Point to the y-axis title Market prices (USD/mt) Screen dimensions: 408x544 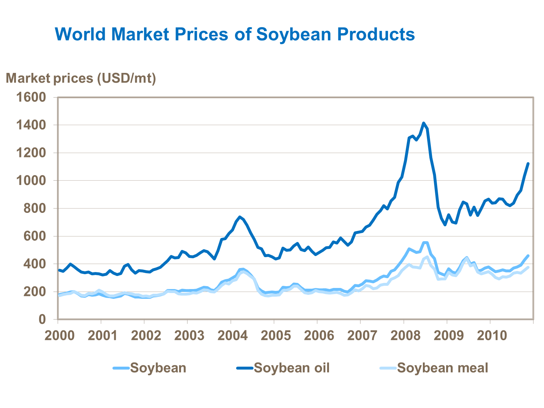click(x=81, y=78)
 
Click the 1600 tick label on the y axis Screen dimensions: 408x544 click(x=31, y=97)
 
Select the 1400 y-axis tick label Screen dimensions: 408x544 click(x=31, y=125)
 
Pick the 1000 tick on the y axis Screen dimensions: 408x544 click(x=31, y=181)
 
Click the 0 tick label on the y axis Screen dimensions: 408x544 click(x=42, y=320)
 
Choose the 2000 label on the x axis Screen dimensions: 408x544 click(x=59, y=335)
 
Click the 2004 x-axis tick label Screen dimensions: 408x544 click(x=232, y=335)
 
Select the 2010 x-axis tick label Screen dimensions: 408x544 click(x=492, y=335)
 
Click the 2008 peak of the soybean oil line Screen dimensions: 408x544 click(x=423, y=123)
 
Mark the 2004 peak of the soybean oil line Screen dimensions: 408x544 click(x=240, y=217)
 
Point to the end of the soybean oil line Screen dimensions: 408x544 click(x=528, y=164)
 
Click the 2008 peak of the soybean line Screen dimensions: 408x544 click(x=425, y=243)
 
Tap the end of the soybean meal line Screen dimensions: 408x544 click(x=528, y=267)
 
